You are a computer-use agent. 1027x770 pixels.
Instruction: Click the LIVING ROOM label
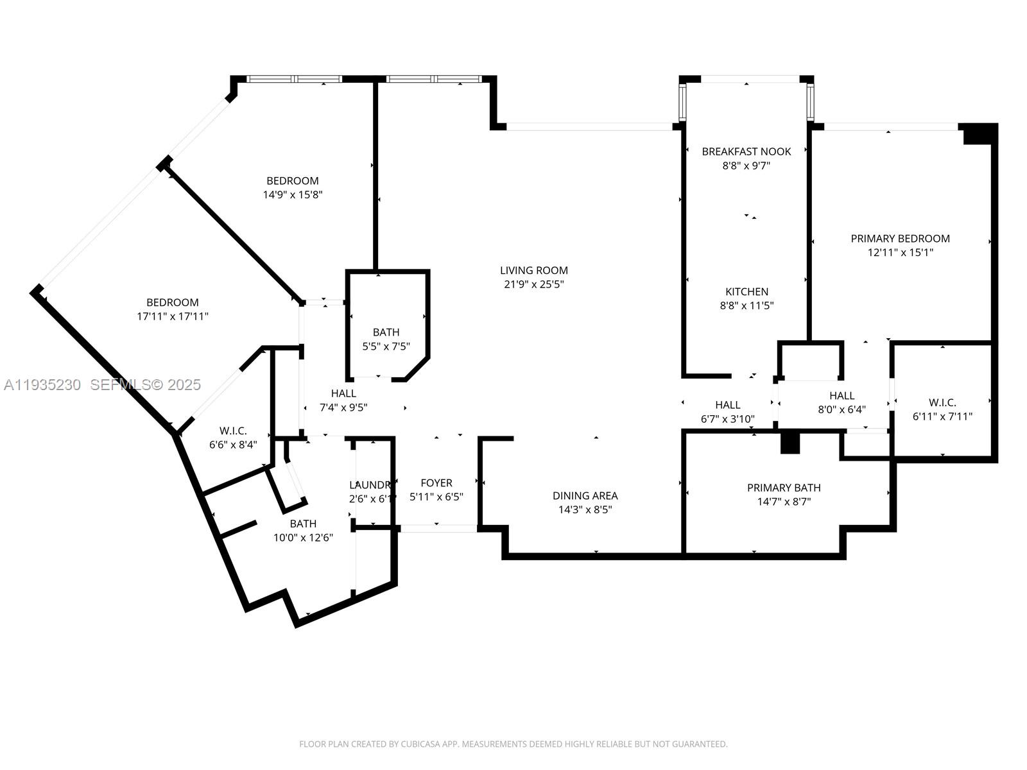pyautogui.click(x=534, y=271)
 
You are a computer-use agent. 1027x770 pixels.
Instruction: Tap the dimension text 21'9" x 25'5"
pyautogui.click(x=534, y=285)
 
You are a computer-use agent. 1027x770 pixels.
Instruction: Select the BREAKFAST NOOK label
pyautogui.click(x=746, y=151)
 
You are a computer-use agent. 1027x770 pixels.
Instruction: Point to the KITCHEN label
pyautogui.click(x=747, y=291)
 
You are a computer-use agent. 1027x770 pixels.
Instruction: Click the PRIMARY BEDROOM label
pyautogui.click(x=900, y=239)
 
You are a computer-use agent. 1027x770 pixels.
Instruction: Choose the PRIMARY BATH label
pyautogui.click(x=784, y=488)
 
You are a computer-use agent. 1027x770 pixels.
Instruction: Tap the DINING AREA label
pyautogui.click(x=585, y=495)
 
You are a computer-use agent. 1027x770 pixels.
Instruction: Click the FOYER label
pyautogui.click(x=436, y=483)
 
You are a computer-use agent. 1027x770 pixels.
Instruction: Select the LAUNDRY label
pyautogui.click(x=370, y=485)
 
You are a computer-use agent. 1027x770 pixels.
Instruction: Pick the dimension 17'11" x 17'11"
pyautogui.click(x=173, y=316)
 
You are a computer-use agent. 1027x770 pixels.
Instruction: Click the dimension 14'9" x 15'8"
pyautogui.click(x=293, y=194)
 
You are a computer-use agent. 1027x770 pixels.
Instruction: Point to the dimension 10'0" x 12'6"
pyautogui.click(x=303, y=538)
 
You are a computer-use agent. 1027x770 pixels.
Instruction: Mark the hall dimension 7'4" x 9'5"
pyautogui.click(x=343, y=407)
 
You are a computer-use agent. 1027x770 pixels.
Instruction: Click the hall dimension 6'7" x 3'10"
pyautogui.click(x=727, y=419)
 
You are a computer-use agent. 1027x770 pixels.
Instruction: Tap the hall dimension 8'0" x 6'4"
pyautogui.click(x=841, y=409)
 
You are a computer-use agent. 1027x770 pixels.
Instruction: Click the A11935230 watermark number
pyautogui.click(x=42, y=385)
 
